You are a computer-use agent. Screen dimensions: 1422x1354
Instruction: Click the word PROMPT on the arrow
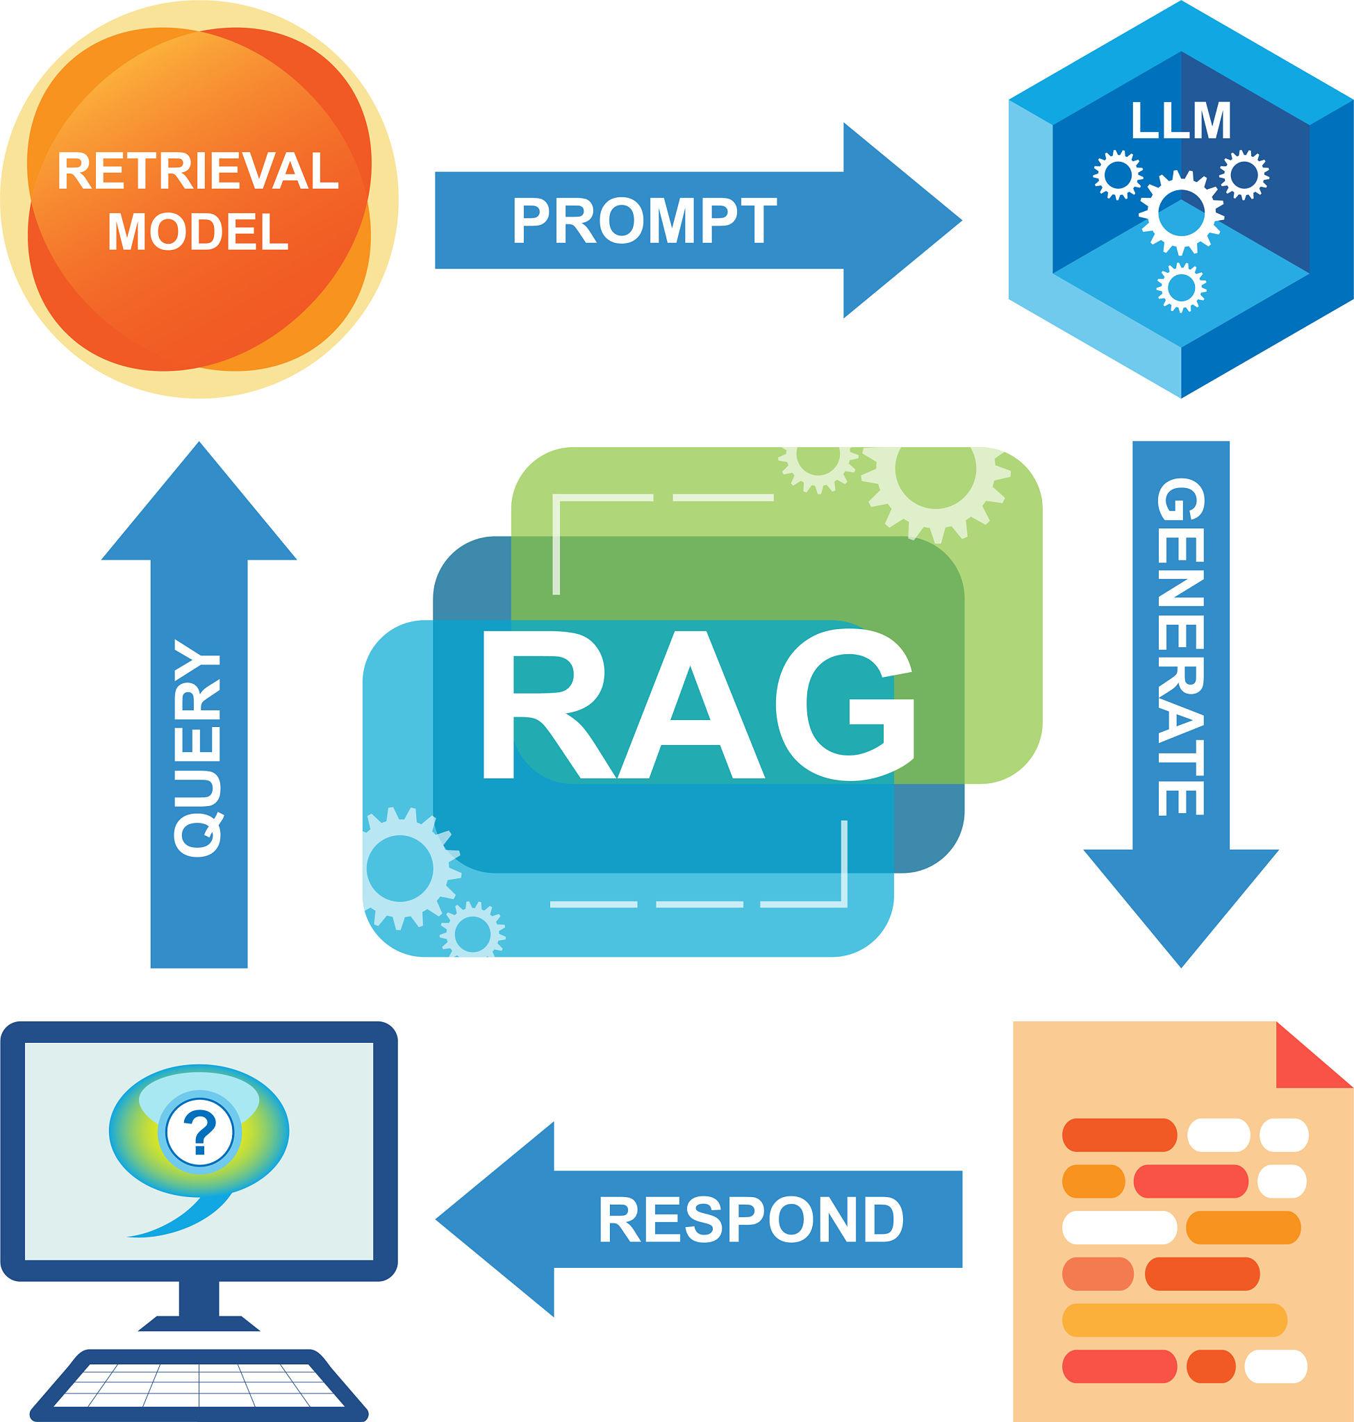[x=644, y=221]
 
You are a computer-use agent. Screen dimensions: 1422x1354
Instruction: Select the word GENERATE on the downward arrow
[x=1182, y=649]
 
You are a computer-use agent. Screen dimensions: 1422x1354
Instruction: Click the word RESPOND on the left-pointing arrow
[x=750, y=1219]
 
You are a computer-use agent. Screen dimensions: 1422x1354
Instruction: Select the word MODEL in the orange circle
[x=199, y=233]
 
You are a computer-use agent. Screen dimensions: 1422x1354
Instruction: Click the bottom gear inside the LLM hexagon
[x=1181, y=287]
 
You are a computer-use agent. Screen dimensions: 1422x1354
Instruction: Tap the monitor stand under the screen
[x=200, y=1307]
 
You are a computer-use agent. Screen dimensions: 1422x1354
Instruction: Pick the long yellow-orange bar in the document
[x=1174, y=1319]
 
